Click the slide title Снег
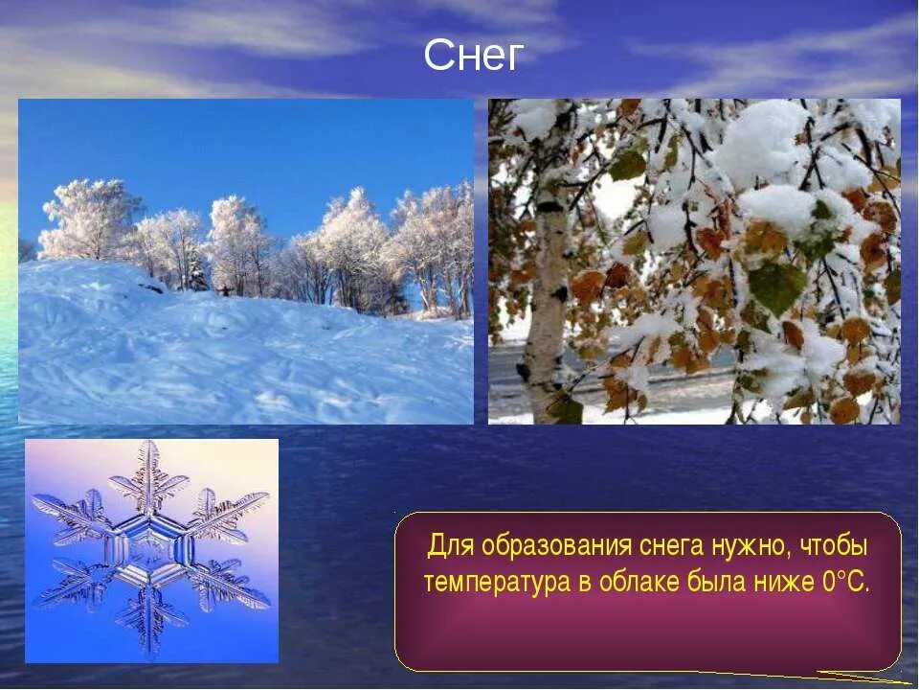474,57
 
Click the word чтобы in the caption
834,547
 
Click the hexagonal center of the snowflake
151,550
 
